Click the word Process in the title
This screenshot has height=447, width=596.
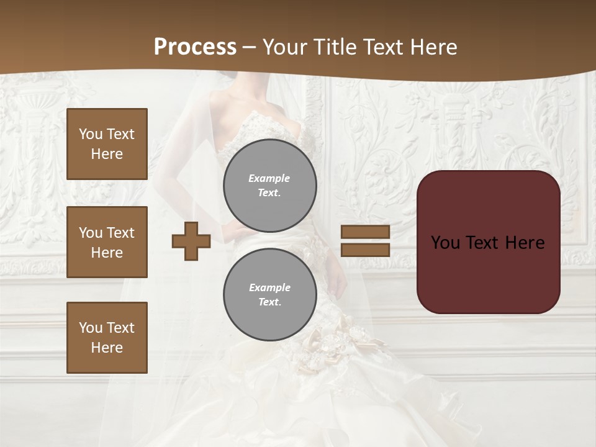tap(195, 47)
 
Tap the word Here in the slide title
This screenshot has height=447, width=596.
tap(433, 47)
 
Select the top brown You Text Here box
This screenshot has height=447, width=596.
tap(107, 144)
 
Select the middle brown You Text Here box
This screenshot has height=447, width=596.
tap(107, 242)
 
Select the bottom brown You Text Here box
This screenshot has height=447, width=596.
tap(107, 337)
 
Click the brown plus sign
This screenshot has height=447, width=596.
tap(191, 241)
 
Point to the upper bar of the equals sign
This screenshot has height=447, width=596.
tap(366, 232)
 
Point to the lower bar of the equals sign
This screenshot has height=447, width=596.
tap(366, 250)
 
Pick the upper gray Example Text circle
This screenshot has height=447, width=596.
tap(269, 186)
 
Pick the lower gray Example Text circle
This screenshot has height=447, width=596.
tap(269, 295)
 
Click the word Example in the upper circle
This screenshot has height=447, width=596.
tap(269, 178)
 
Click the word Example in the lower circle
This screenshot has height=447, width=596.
tap(269, 287)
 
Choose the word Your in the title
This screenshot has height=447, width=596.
tap(283, 47)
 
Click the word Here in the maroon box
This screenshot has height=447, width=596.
tap(525, 243)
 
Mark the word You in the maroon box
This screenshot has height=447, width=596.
tap(445, 243)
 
